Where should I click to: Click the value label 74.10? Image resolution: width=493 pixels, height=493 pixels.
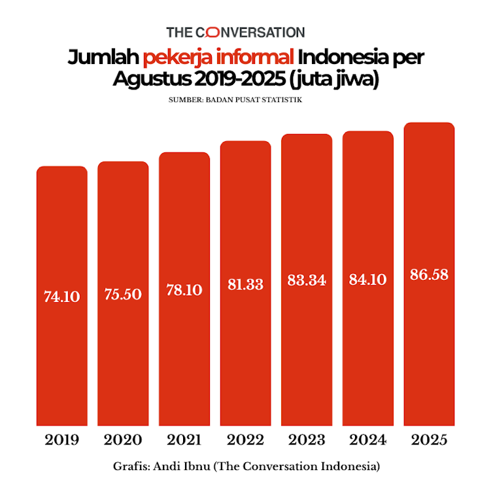pos(62,296)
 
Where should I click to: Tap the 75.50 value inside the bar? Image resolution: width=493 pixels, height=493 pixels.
pos(123,294)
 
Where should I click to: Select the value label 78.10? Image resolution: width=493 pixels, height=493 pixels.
pos(184,290)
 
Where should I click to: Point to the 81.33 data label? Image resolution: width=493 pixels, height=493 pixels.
pos(245,284)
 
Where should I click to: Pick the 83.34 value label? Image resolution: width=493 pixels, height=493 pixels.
pos(307,280)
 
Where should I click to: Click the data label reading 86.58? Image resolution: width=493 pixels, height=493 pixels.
pos(429,274)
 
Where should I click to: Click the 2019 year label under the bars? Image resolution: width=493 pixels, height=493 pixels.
pos(62,439)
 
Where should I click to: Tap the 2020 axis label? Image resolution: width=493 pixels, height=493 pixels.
pos(123,439)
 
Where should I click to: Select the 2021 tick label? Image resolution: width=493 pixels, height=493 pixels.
pos(184,439)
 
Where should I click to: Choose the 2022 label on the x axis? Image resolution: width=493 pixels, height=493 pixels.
pos(245,439)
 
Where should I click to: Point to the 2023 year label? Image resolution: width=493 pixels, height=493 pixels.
pos(307,439)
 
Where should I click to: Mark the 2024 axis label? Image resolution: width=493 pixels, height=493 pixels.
pos(367,439)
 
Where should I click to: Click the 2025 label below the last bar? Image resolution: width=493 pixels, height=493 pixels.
pos(429,439)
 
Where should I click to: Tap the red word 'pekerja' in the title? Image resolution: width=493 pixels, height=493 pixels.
pos(172,59)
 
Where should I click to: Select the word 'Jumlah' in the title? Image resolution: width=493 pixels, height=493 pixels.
pos(103,58)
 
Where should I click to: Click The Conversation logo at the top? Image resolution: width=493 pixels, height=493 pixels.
pos(235,31)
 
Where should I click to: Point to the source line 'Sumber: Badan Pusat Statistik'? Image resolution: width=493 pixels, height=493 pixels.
pos(235,100)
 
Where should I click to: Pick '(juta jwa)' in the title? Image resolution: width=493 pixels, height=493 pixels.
pos(336,80)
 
